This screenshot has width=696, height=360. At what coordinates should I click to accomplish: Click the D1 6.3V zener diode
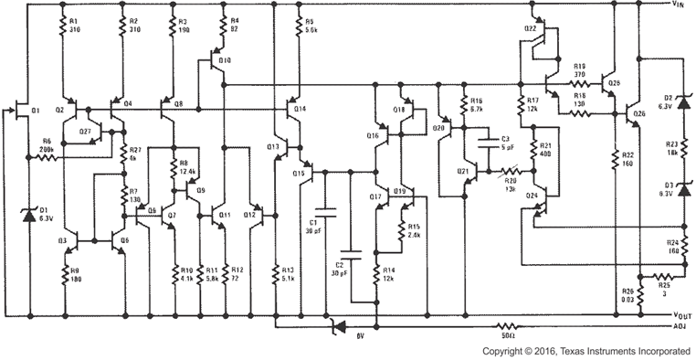coord(28,215)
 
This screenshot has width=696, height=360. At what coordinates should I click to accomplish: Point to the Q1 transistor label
coord(36,111)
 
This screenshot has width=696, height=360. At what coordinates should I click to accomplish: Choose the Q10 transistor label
coord(225,60)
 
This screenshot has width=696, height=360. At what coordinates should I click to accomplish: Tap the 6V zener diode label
coord(362,335)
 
